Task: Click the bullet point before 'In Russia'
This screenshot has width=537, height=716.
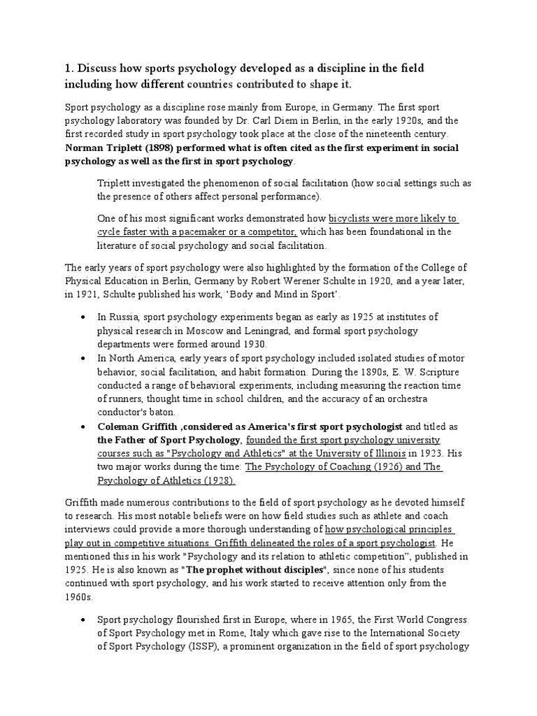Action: pos(84,318)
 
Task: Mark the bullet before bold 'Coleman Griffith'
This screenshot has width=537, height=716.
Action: pos(84,426)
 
